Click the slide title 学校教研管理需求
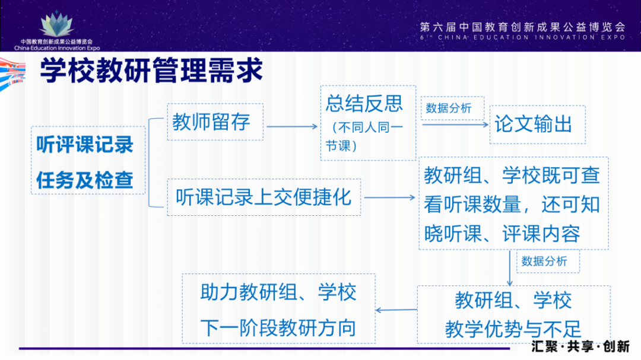151,72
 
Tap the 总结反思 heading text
364,104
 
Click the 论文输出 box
534,125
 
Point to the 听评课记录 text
85,145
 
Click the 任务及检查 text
85,180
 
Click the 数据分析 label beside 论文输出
449,108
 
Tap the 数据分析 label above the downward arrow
544,261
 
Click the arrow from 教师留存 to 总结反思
292,126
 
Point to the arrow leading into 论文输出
456,124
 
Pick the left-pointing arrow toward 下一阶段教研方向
396,310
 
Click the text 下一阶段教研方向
278,327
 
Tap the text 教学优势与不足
513,330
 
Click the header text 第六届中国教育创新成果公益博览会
522,27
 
